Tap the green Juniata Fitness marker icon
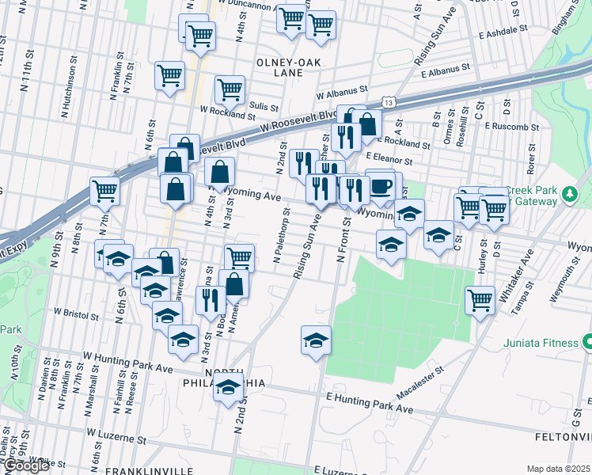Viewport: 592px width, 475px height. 587,343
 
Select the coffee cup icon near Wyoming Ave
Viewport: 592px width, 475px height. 381,186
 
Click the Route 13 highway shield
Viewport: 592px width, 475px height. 387,103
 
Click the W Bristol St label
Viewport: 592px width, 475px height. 76,315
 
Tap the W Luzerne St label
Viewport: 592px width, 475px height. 117,435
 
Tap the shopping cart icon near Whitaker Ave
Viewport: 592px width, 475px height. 480,299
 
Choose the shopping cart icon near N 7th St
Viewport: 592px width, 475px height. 104,190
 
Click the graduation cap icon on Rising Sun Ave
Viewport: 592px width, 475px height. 316,340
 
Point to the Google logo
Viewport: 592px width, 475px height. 25,466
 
